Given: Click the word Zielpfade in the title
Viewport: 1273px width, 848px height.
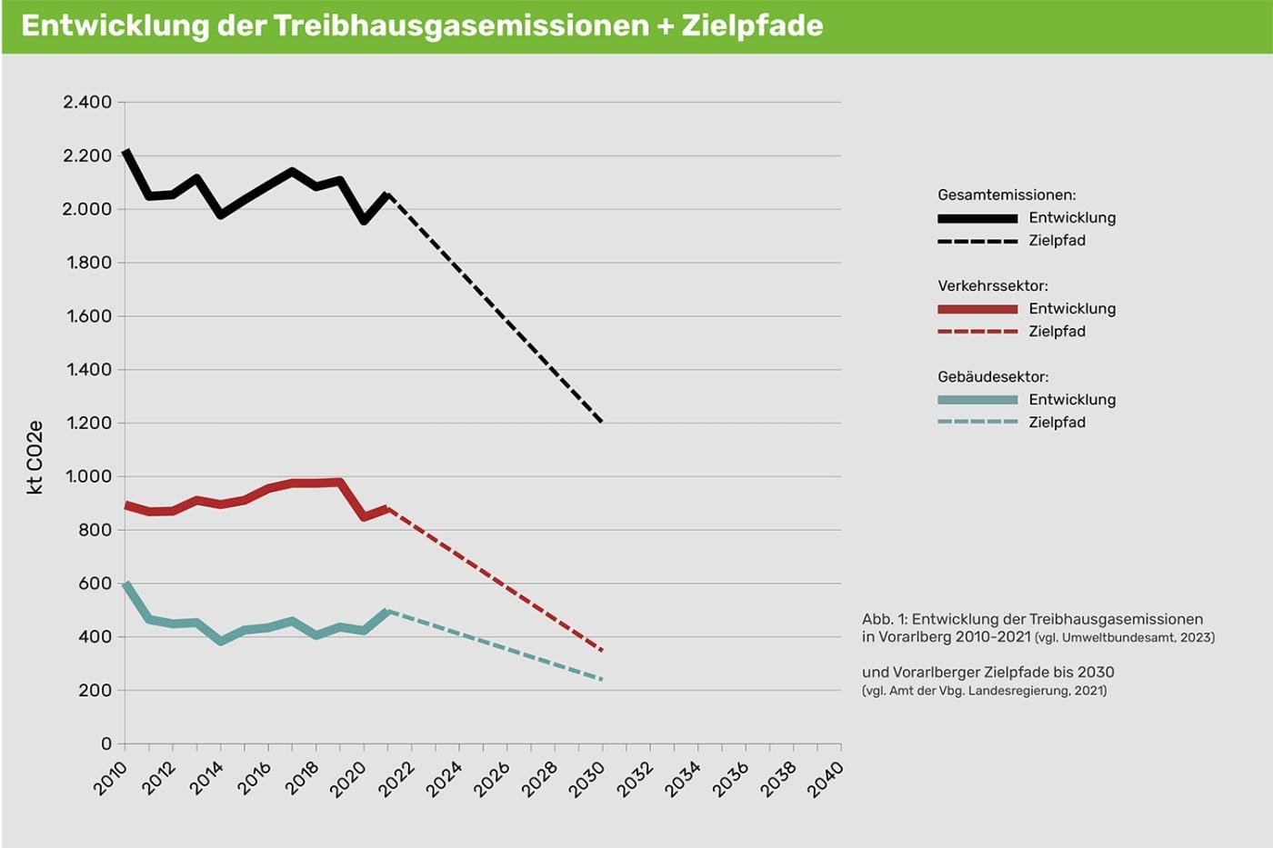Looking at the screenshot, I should point(752,25).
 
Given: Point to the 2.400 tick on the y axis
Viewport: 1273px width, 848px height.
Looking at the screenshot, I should point(87,102).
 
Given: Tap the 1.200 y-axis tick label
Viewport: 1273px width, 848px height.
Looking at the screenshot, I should point(88,423).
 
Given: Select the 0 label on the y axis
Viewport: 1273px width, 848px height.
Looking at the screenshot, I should point(106,743).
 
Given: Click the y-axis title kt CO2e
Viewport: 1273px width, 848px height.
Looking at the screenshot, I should point(35,457).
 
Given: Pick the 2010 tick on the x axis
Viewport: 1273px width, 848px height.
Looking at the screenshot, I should point(111,779).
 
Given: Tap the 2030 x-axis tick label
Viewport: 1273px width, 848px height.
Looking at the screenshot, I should point(587,779).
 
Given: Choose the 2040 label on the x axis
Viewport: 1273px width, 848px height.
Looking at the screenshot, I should point(826,779).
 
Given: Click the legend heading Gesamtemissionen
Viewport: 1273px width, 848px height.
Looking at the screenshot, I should point(1007,195).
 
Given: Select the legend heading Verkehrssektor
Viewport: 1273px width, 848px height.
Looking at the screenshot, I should point(993,285).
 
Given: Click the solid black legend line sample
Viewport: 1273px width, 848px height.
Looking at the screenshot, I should point(977,218).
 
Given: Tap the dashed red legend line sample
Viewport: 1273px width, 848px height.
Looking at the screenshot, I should point(977,332).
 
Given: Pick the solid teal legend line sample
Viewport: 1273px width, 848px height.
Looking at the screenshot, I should point(977,400).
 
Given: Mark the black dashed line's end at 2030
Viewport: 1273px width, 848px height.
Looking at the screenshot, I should point(601,422).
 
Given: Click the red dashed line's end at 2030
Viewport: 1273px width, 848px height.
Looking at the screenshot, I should point(601,650).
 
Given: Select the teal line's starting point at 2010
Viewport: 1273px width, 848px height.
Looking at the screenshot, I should point(125,584).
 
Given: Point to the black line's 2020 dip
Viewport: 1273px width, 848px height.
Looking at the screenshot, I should point(364,221).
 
